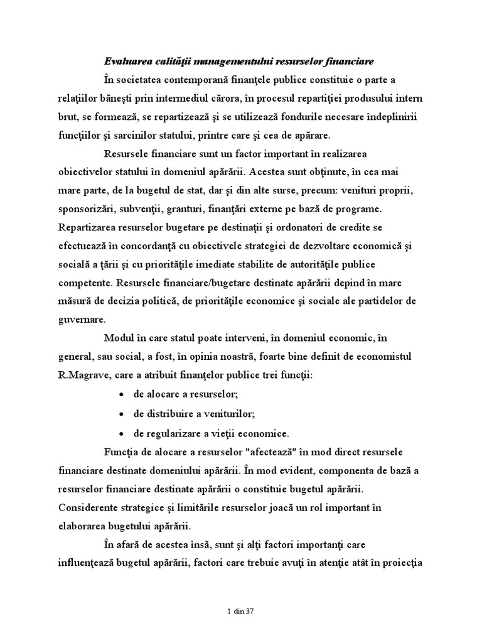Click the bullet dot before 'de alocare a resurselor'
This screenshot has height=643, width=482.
tap(120, 396)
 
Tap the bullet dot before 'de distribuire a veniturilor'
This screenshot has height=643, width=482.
tap(120, 414)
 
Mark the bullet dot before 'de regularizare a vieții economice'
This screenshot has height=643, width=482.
tap(120, 433)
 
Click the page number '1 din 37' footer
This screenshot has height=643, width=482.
tap(240, 611)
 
